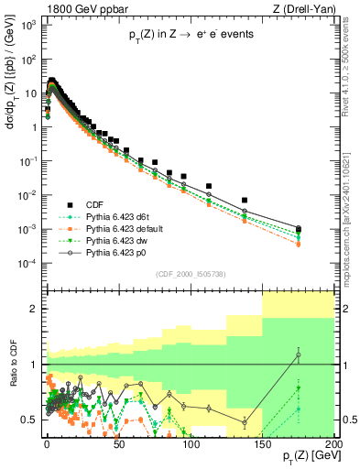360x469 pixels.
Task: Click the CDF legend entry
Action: (92, 203)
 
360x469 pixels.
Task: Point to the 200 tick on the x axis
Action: (334, 442)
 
